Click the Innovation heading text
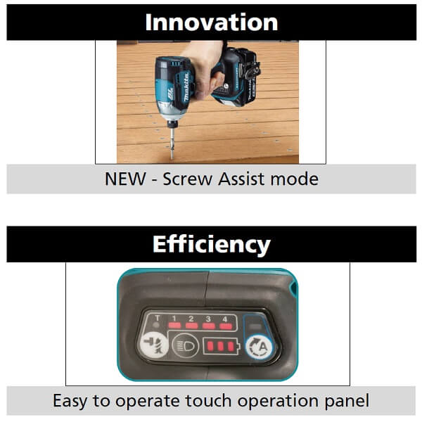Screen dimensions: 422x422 211,23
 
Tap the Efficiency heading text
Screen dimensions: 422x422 211,244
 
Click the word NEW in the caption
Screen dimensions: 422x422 125,179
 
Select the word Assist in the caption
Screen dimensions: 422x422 241,179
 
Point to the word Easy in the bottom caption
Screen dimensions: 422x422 70,401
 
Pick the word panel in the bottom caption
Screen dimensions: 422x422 347,401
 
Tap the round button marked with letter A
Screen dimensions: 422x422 259,347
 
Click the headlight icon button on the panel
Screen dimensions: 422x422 185,345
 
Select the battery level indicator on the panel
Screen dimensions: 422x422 221,346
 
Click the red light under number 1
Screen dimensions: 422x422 174,326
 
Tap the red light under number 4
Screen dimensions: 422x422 226,326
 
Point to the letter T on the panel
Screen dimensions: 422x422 158,319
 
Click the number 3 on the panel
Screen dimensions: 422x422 208,319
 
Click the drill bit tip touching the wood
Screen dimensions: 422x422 172,158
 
